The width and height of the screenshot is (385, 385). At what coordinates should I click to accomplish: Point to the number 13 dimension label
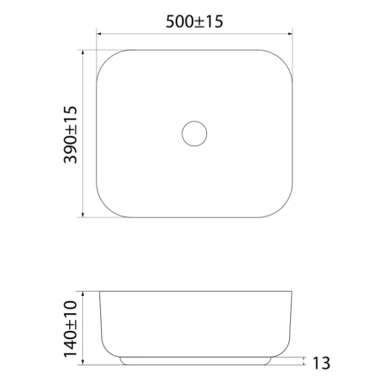coord(322,363)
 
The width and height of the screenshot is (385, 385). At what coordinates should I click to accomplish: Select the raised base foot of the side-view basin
coord(196,361)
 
